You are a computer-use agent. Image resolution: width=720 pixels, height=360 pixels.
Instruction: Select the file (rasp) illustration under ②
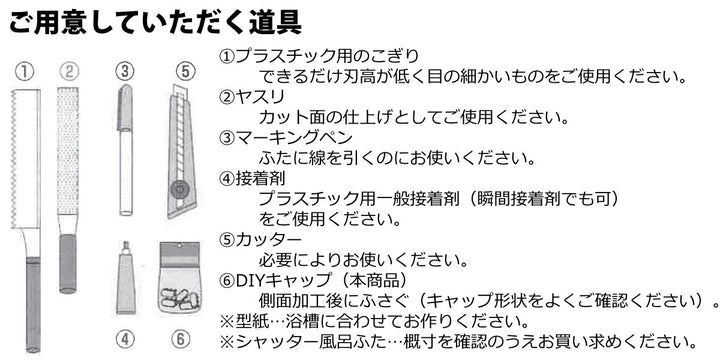68,170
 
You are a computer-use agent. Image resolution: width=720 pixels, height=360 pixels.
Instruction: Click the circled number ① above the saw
27,71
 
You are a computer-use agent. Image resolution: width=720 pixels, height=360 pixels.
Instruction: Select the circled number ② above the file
68,71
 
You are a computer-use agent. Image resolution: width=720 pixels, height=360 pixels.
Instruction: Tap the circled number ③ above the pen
124,71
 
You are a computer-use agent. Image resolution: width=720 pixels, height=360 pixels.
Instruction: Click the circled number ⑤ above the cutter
184,71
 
